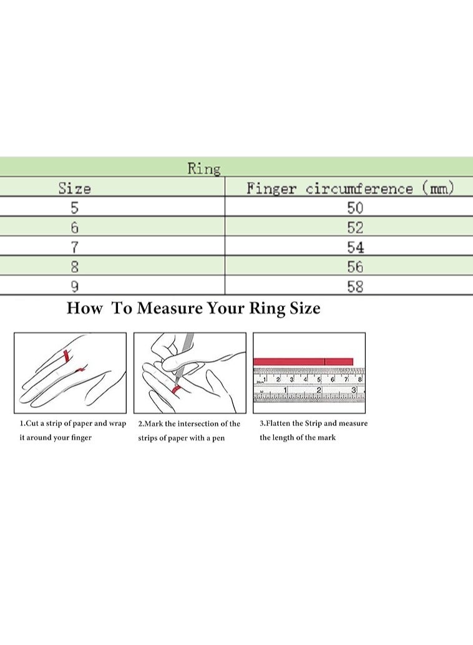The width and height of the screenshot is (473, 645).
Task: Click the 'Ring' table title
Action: point(204,168)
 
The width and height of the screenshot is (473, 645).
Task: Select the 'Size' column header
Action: point(74,188)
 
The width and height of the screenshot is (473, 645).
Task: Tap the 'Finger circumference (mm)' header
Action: point(350,188)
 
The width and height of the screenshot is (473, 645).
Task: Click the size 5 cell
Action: point(74,208)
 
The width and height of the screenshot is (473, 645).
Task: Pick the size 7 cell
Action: point(74,247)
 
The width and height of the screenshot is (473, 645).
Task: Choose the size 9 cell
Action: point(74,286)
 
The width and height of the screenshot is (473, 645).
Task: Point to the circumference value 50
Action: point(355,208)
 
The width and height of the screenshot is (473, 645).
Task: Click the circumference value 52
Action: point(355,228)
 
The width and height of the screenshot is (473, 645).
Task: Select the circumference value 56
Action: point(355,267)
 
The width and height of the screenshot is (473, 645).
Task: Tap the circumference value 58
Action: point(355,286)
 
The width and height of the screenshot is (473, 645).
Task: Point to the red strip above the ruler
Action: point(303,362)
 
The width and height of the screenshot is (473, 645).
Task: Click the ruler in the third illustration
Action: point(309,385)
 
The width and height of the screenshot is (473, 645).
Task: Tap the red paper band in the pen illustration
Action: point(177,389)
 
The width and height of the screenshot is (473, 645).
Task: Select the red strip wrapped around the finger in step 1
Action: point(66,356)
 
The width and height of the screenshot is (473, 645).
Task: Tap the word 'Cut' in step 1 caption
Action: point(32,424)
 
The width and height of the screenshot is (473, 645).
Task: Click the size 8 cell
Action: point(74,267)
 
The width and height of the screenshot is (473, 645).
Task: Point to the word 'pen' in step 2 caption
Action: point(218,439)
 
